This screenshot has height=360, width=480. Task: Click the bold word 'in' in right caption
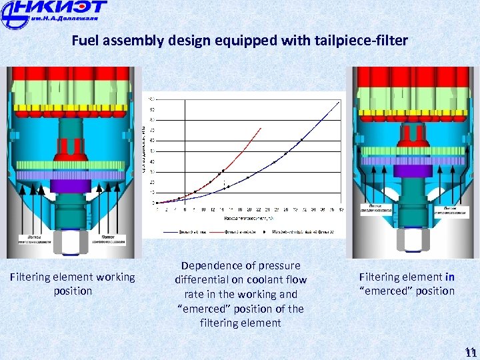coord(450,277)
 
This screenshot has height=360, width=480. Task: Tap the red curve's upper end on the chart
coord(261,128)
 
